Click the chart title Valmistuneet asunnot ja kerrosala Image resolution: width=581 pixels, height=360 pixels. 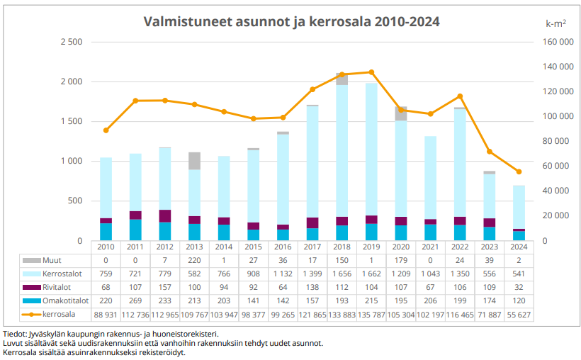pyautogui.click(x=291, y=21)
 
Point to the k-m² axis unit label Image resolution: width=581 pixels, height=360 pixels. pyautogui.click(x=555, y=23)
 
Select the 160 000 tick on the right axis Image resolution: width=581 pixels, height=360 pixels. pyautogui.click(x=556, y=42)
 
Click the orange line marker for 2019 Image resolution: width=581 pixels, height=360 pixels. pyautogui.click(x=371, y=72)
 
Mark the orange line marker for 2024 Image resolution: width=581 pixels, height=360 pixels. pyautogui.click(x=519, y=171)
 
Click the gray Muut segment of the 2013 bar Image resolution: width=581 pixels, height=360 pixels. pyautogui.click(x=194, y=161)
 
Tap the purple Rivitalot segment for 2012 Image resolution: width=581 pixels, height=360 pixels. pyautogui.click(x=165, y=215)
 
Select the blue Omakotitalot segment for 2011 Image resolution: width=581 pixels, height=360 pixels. pyautogui.click(x=135, y=230)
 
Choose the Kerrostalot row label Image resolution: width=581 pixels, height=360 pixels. pyautogui.click(x=62, y=274)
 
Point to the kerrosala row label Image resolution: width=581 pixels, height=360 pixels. pyautogui.click(x=60, y=314)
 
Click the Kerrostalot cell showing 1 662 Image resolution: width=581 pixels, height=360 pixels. pyautogui.click(x=371, y=274)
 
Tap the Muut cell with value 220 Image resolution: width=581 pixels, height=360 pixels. pyautogui.click(x=194, y=260)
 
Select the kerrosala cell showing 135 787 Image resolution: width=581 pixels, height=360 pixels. pyautogui.click(x=371, y=314)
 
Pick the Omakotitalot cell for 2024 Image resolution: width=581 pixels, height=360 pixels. pyautogui.click(x=519, y=300)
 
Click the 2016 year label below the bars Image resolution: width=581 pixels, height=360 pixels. pyautogui.click(x=283, y=247)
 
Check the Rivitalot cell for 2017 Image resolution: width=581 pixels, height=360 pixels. pyautogui.click(x=312, y=287)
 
